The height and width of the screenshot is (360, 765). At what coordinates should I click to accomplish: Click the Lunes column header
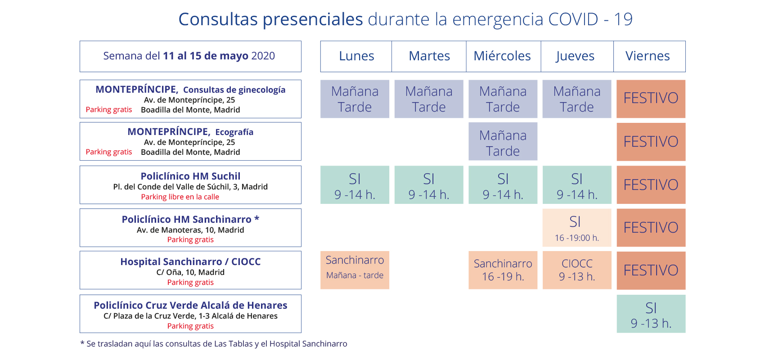click(x=356, y=56)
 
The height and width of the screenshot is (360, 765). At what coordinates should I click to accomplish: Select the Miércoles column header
click(x=502, y=56)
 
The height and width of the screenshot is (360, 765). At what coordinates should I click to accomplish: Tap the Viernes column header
click(x=648, y=56)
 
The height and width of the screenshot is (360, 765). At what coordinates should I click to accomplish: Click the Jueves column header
click(x=575, y=56)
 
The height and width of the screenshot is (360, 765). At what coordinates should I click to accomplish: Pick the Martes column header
click(x=429, y=56)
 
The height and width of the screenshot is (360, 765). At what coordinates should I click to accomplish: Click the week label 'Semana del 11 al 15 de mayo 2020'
click(x=189, y=56)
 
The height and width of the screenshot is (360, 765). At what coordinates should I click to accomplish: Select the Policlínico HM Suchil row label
click(x=190, y=176)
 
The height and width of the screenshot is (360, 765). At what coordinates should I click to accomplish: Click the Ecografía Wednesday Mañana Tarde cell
click(x=503, y=142)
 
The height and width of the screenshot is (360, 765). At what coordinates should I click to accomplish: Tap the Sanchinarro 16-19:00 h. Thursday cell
click(x=577, y=228)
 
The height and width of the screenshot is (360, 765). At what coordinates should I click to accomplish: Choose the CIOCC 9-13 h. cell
click(x=577, y=270)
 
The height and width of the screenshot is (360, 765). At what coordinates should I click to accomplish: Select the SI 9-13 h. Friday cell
click(x=651, y=314)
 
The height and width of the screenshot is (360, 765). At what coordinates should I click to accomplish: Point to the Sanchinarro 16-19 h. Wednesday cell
click(x=503, y=270)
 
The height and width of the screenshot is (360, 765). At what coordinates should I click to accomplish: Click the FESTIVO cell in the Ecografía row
click(x=651, y=142)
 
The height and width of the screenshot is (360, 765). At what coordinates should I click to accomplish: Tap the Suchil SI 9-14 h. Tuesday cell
click(x=429, y=185)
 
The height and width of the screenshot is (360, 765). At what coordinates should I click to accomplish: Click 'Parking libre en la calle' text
click(x=180, y=197)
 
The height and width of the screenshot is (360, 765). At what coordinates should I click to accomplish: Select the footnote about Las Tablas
click(x=214, y=344)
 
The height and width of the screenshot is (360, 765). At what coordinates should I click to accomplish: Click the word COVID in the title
click(x=573, y=19)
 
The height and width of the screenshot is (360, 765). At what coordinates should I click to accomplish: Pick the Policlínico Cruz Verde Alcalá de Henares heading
click(x=190, y=305)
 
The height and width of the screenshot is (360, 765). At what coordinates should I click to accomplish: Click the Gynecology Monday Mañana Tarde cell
click(x=355, y=99)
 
